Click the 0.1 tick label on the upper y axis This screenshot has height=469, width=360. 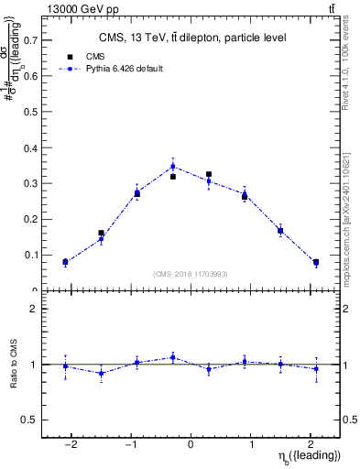(x=30, y=256)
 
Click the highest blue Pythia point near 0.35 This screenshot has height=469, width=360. (x=173, y=167)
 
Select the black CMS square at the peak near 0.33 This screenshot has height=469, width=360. (x=209, y=174)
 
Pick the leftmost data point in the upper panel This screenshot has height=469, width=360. (x=65, y=263)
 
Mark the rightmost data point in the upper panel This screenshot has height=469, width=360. (x=316, y=263)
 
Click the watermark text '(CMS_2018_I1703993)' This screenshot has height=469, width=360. (x=191, y=274)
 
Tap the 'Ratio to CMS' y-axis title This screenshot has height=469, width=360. (x=13, y=365)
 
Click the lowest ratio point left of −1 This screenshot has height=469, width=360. (x=101, y=373)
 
